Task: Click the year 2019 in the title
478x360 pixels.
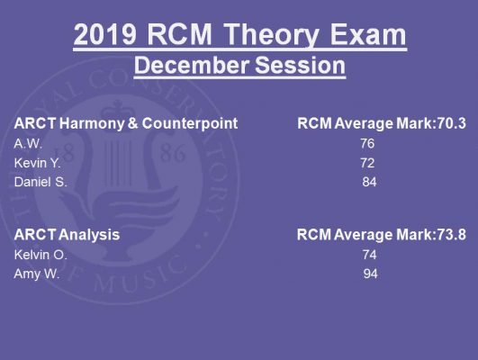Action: [104, 34]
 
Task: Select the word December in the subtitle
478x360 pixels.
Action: [191, 66]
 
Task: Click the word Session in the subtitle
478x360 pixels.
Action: [300, 66]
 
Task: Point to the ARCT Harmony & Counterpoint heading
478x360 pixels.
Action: [126, 123]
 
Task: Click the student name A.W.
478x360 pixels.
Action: [28, 144]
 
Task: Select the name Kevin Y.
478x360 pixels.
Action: [37, 163]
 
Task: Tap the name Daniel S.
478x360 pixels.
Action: [41, 182]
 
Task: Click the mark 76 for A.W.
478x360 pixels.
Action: [367, 144]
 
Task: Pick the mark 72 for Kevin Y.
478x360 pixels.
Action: [367, 163]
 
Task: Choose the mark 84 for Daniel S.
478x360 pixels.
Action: [369, 182]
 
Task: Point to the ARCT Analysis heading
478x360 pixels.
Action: [68, 235]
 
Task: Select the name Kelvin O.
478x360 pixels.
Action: [41, 255]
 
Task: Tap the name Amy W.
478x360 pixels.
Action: [37, 274]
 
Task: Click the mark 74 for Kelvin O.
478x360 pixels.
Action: [369, 255]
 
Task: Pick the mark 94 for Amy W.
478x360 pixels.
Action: [370, 274]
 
